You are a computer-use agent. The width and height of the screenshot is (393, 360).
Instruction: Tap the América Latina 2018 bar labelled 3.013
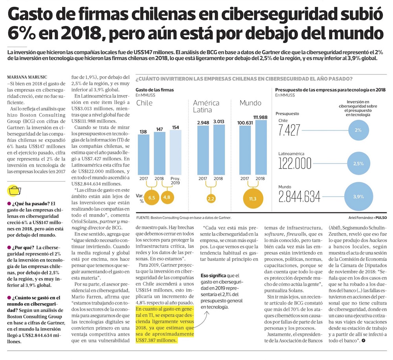pyautogui.click(x=219, y=150)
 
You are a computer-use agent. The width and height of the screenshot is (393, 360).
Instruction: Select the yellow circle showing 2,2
pyautogui.click(x=211, y=198)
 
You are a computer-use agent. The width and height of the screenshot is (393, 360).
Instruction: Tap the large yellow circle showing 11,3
pyautogui.click(x=252, y=199)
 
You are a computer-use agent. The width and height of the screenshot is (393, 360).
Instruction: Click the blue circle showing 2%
pyautogui.click(x=358, y=130)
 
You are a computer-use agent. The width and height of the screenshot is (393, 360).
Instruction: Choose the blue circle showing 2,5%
pyautogui.click(x=358, y=163)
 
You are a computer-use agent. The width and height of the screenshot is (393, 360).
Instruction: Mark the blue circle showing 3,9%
pyautogui.click(x=358, y=196)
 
